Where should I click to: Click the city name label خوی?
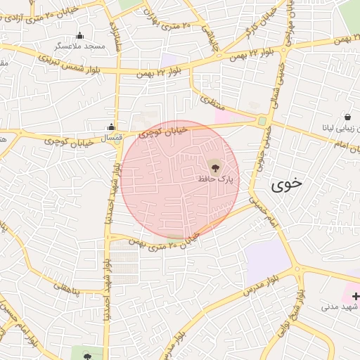(x=286, y=184)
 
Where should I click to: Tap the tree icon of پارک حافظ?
(x=214, y=167)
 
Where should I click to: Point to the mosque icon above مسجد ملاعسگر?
(x=79, y=35)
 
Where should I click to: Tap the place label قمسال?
(x=110, y=138)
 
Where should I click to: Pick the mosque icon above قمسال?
(x=110, y=127)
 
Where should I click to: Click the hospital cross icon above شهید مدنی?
(x=355, y=297)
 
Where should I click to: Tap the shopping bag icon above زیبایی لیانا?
(x=347, y=117)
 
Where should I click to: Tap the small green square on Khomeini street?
(x=262, y=121)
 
